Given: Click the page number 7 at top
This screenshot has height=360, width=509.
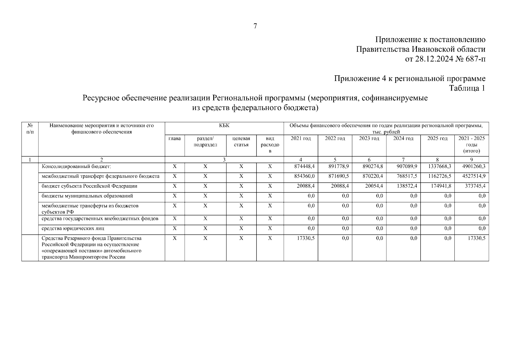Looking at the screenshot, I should pos(255,26).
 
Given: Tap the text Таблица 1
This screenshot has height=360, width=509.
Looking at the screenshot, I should pos(467,88).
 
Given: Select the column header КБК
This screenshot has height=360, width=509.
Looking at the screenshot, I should pos(224,126).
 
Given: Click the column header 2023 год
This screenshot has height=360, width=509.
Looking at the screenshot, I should pos(369,139).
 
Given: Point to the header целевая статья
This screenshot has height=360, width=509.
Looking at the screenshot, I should pos(241,142).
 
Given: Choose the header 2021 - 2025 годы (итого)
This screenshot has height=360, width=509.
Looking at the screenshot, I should pos(472,145).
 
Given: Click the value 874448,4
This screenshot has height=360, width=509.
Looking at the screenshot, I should pos(304,166).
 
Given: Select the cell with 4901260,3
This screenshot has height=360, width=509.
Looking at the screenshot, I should pos(474,166).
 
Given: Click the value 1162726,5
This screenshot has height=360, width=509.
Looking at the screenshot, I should pos(439,176).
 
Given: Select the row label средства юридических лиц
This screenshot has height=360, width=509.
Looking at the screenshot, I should pos(73,229).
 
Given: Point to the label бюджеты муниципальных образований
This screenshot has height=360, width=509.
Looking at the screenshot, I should pos(87,196).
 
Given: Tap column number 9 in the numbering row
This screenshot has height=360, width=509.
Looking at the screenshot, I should pos(472,160).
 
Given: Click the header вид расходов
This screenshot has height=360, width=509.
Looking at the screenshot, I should pos(270,145).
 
